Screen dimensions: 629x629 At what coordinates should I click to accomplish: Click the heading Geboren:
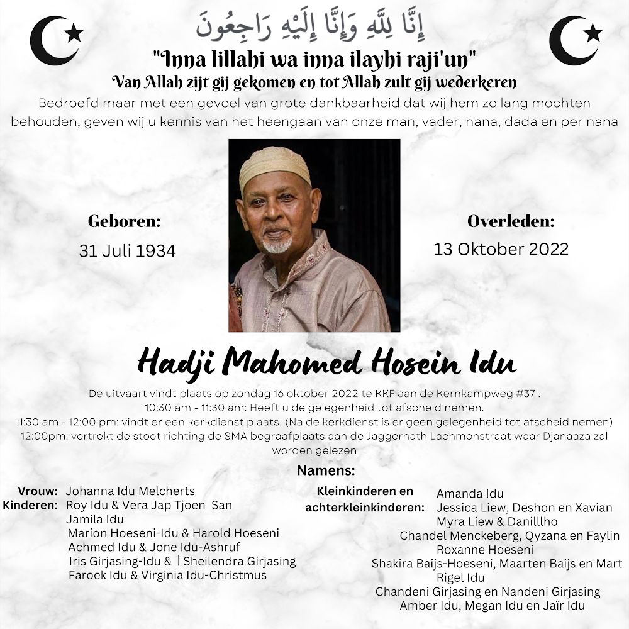tap(124, 221)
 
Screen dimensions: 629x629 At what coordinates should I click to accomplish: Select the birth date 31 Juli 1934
tap(127, 250)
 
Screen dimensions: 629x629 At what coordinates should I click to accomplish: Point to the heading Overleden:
tap(511, 221)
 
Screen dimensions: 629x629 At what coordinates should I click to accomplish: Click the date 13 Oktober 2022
tap(501, 249)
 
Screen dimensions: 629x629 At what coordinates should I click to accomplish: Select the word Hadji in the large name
tap(178, 364)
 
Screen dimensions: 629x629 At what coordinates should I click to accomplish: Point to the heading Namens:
tap(326, 470)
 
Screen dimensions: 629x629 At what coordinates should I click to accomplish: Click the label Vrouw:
tap(38, 491)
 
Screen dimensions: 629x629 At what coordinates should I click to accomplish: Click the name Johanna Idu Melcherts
tap(130, 491)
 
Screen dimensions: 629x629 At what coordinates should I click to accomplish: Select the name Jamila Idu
tap(95, 519)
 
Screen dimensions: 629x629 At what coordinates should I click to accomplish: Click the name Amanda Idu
tap(470, 494)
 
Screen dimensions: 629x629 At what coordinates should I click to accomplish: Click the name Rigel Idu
tap(460, 577)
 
